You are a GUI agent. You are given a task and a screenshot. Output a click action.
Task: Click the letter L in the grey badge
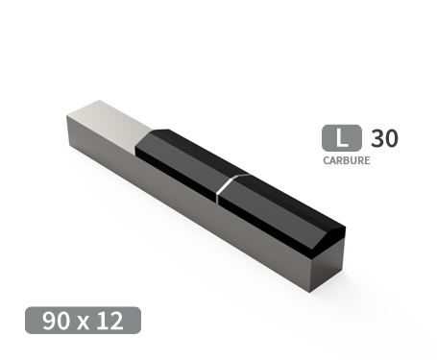[x=334, y=138]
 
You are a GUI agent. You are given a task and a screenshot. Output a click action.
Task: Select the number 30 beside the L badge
[x=383, y=138]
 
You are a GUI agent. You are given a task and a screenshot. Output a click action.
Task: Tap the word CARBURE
[x=346, y=161]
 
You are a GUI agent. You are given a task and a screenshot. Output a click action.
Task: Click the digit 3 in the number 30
[x=376, y=138]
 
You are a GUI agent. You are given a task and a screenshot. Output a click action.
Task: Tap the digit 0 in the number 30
[x=390, y=138]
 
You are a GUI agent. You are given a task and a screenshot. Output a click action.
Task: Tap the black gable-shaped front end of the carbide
[x=327, y=240]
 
